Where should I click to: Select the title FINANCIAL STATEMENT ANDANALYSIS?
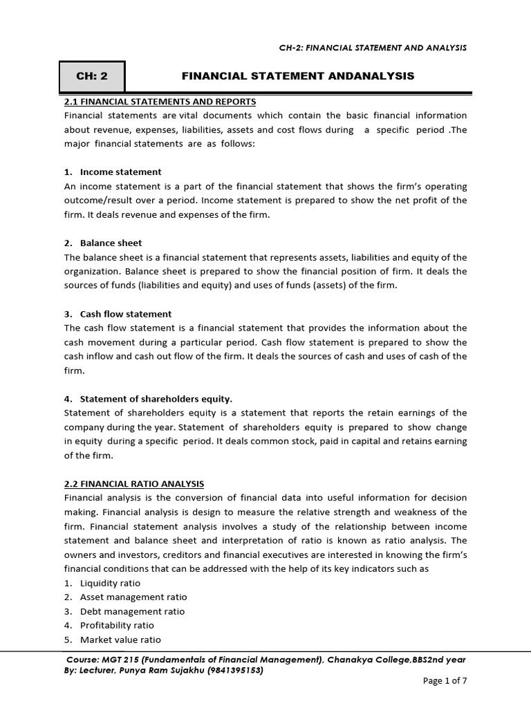pyautogui.click(x=297, y=77)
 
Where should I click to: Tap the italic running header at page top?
pyautogui.click(x=371, y=48)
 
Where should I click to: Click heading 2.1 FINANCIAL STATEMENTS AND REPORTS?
pyautogui.click(x=160, y=102)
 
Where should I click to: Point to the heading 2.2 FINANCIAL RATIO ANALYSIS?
pyautogui.click(x=134, y=484)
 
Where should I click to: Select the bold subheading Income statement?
pyautogui.click(x=120, y=172)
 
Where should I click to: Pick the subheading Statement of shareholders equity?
pyautogui.click(x=156, y=399)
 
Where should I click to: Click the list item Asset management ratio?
pyautogui.click(x=133, y=597)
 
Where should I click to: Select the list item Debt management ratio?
pyautogui.click(x=132, y=612)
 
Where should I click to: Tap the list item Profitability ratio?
pyautogui.click(x=117, y=626)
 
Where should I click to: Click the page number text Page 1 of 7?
pyautogui.click(x=445, y=681)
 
